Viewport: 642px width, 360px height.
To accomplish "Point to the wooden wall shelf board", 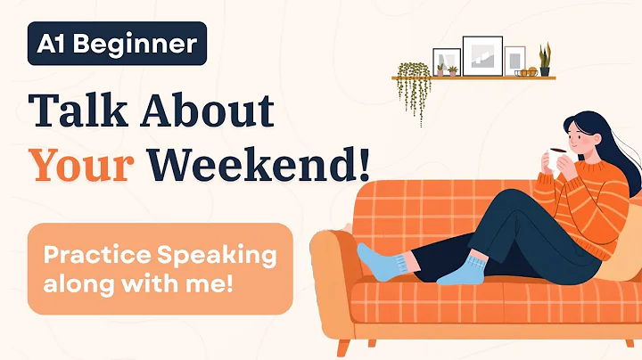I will coord(473,78).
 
